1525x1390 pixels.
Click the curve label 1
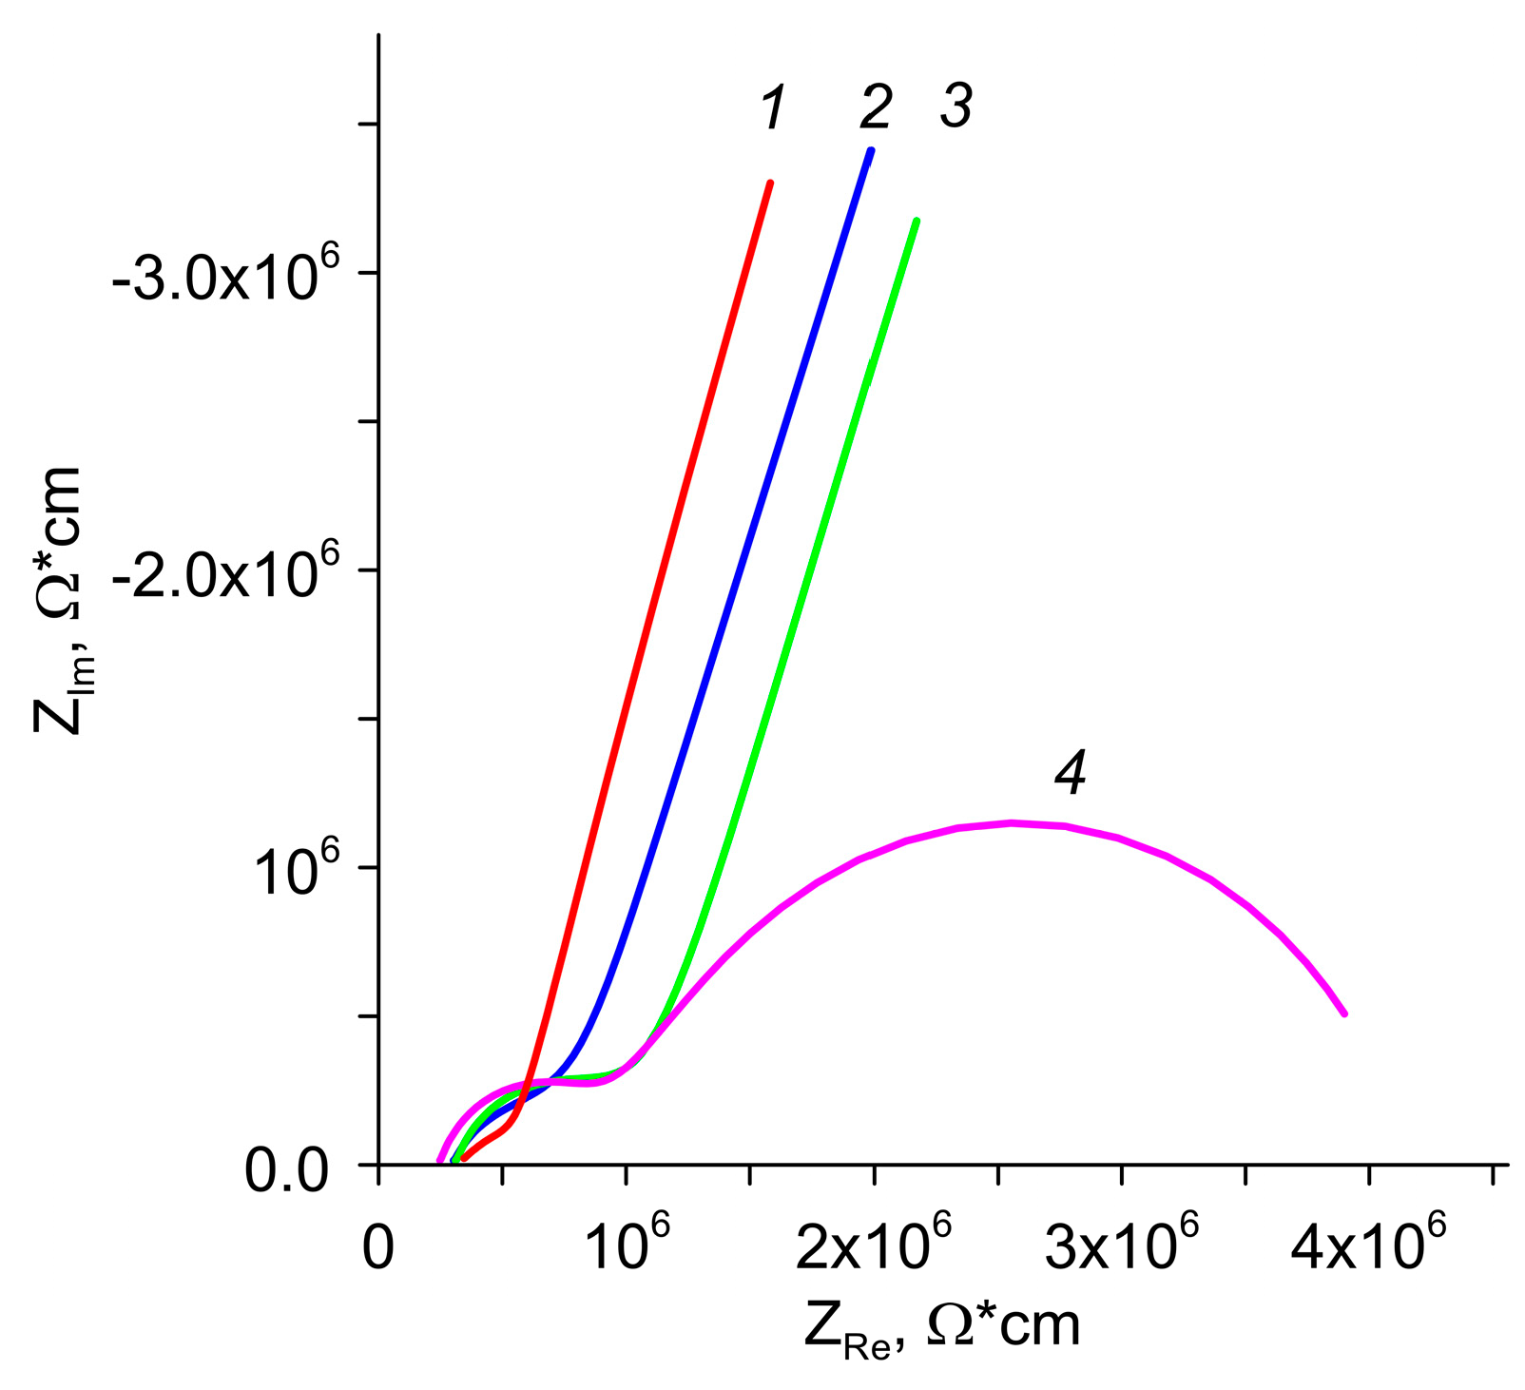775,107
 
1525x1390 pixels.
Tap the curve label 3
956,106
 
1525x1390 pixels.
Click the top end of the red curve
770,183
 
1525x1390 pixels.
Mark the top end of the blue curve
871,150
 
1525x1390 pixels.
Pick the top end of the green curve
917,221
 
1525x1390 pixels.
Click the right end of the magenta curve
1345,1014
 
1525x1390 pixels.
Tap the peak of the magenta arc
1013,822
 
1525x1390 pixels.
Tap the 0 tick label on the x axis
378,1248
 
